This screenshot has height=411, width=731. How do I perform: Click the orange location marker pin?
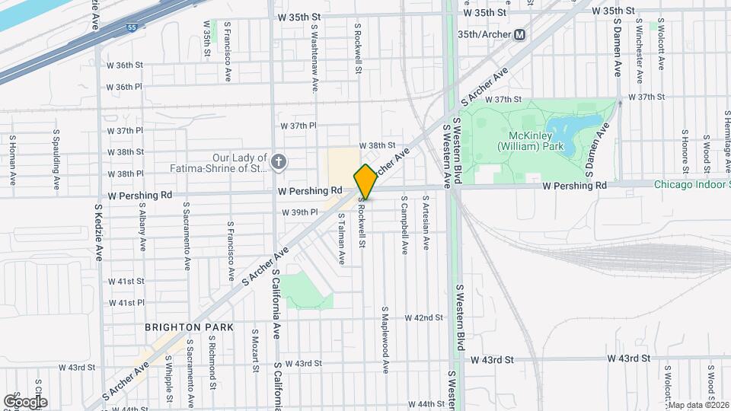pyautogui.click(x=365, y=181)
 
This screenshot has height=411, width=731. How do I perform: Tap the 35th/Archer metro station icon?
pyautogui.click(x=520, y=35)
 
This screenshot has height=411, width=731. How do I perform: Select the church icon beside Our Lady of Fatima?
pyautogui.click(x=279, y=161)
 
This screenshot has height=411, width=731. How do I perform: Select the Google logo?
pyautogui.click(x=25, y=401)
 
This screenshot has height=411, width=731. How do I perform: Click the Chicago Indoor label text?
pyautogui.click(x=691, y=184)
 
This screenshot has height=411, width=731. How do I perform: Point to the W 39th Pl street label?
pyautogui.click(x=298, y=212)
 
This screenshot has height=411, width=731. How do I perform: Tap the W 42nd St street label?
pyautogui.click(x=423, y=317)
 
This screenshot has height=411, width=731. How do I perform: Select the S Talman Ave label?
pyautogui.click(x=342, y=239)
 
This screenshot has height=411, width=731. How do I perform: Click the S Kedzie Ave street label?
pyautogui.click(x=99, y=232)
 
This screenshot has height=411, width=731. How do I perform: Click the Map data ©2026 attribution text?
pyautogui.click(x=697, y=404)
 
